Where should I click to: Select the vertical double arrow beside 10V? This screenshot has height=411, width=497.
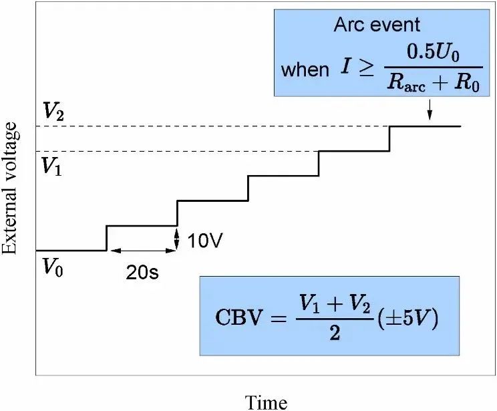[177, 239]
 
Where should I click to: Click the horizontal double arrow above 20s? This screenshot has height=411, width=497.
[142, 251]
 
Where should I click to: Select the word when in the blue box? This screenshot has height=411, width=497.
[304, 69]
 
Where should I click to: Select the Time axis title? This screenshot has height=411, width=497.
[267, 401]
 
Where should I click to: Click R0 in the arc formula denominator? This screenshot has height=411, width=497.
[465, 85]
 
